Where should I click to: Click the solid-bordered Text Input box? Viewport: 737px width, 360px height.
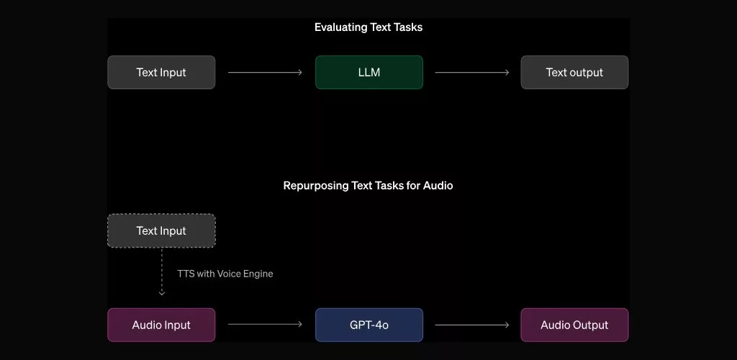(161, 73)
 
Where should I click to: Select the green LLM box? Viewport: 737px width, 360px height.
(368, 73)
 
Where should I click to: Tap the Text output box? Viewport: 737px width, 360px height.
(574, 73)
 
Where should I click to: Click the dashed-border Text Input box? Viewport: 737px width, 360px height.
(161, 231)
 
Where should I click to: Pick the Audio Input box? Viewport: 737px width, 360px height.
(161, 325)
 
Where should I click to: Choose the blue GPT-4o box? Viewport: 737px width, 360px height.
(368, 325)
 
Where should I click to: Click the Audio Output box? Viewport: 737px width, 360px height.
(574, 325)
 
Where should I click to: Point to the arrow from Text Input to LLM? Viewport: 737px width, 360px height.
(265, 73)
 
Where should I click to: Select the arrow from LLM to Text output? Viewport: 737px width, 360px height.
(472, 73)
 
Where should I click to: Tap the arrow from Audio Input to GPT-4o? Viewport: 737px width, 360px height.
(265, 325)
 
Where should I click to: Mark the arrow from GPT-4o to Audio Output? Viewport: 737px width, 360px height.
(472, 325)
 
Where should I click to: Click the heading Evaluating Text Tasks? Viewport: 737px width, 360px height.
(368, 27)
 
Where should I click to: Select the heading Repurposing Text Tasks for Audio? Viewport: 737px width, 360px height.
(368, 186)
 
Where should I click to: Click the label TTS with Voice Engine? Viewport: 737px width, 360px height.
(225, 274)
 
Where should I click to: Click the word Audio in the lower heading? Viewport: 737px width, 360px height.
(438, 186)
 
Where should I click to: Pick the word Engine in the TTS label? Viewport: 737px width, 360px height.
(257, 274)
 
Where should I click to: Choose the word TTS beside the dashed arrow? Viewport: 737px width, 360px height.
(186, 274)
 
